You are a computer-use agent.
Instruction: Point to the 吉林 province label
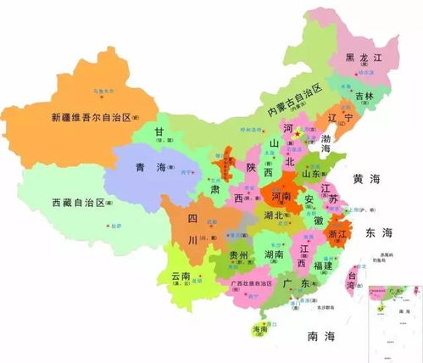pyautogui.click(x=364, y=96)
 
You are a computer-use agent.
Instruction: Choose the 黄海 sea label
pyautogui.click(x=369, y=179)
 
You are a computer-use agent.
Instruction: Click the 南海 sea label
pyautogui.click(x=324, y=337)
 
